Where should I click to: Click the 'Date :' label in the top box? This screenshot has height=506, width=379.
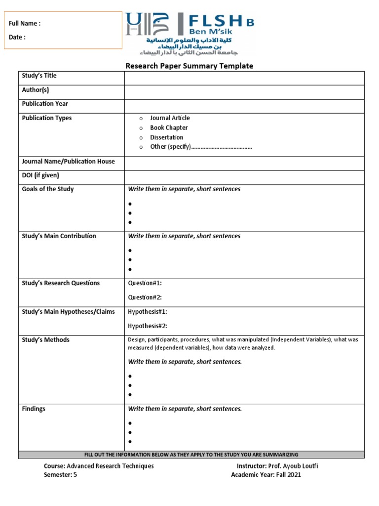pos(17,37)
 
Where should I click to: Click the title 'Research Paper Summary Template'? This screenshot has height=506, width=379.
pos(189,66)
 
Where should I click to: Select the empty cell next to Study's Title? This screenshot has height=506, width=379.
pos(244,78)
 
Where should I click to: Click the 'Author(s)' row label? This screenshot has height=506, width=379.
pos(36,90)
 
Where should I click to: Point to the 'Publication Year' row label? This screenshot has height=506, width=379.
pos(45,104)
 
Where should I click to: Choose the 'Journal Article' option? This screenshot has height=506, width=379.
pos(170,118)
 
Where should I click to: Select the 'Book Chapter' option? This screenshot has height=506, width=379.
pos(169,127)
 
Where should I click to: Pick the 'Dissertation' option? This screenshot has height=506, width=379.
pos(166,137)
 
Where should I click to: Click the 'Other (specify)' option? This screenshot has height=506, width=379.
pos(170,147)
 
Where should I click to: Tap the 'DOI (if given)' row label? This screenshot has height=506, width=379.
pos(40,175)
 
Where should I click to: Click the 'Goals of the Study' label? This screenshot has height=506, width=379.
pos(48,189)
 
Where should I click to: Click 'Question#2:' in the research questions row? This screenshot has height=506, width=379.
pos(145,297)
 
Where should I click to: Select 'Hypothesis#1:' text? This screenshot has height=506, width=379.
pos(148,312)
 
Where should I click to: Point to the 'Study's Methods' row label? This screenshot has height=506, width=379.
pos(45,340)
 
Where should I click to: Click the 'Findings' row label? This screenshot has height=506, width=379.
pos(34,409)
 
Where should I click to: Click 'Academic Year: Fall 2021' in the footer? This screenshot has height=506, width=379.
pos(266,475)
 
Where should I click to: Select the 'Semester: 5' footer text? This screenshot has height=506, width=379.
pos(60,475)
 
